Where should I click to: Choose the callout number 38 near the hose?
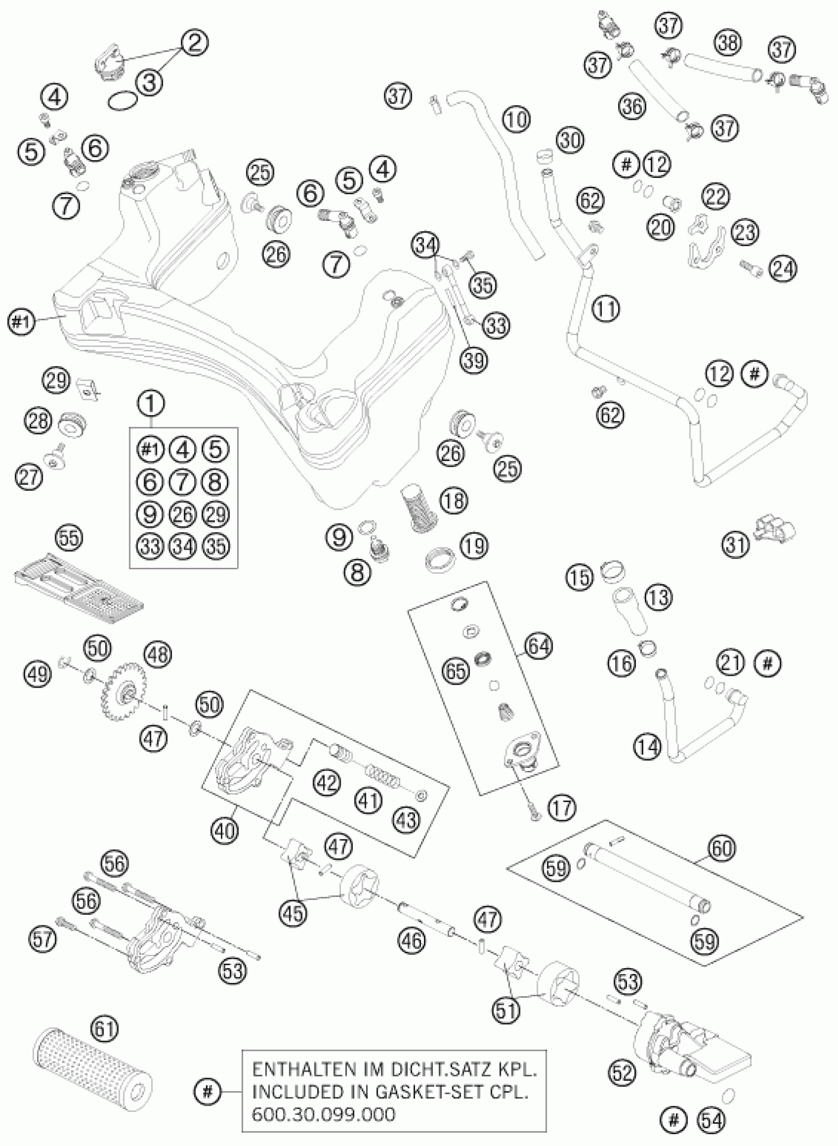(x=729, y=42)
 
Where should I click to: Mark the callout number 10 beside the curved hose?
(x=517, y=120)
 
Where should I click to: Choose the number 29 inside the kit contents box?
(x=215, y=514)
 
